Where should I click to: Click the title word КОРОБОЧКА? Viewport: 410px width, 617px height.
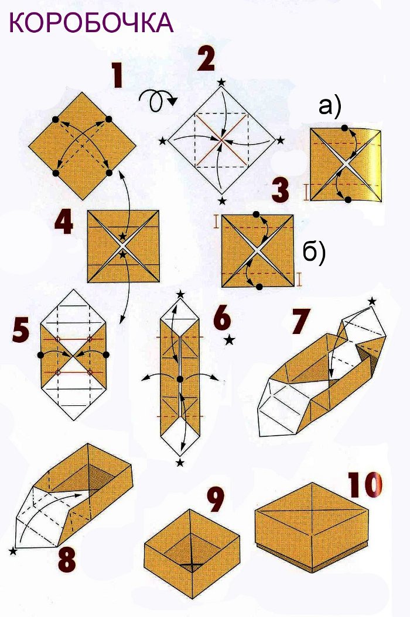pyautogui.click(x=91, y=22)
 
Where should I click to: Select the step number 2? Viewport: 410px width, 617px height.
pyautogui.click(x=206, y=58)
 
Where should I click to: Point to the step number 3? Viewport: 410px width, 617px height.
pyautogui.click(x=281, y=191)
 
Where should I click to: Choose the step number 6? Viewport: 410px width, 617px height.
pyautogui.click(x=222, y=318)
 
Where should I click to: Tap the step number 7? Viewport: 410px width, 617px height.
pyautogui.click(x=301, y=321)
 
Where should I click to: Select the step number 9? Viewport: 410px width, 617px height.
pyautogui.click(x=216, y=499)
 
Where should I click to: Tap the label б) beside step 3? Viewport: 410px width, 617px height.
pyautogui.click(x=314, y=252)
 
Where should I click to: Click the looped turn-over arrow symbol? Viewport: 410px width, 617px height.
pyautogui.click(x=158, y=101)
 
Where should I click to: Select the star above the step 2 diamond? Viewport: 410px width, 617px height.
pyautogui.click(x=221, y=82)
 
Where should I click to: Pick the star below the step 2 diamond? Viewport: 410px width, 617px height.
pyautogui.click(x=223, y=201)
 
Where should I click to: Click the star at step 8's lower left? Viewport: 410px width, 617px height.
pyautogui.click(x=13, y=551)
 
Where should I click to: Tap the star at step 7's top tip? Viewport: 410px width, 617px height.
pyautogui.click(x=372, y=301)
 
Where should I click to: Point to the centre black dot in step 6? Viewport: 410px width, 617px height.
pyautogui.click(x=180, y=379)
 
